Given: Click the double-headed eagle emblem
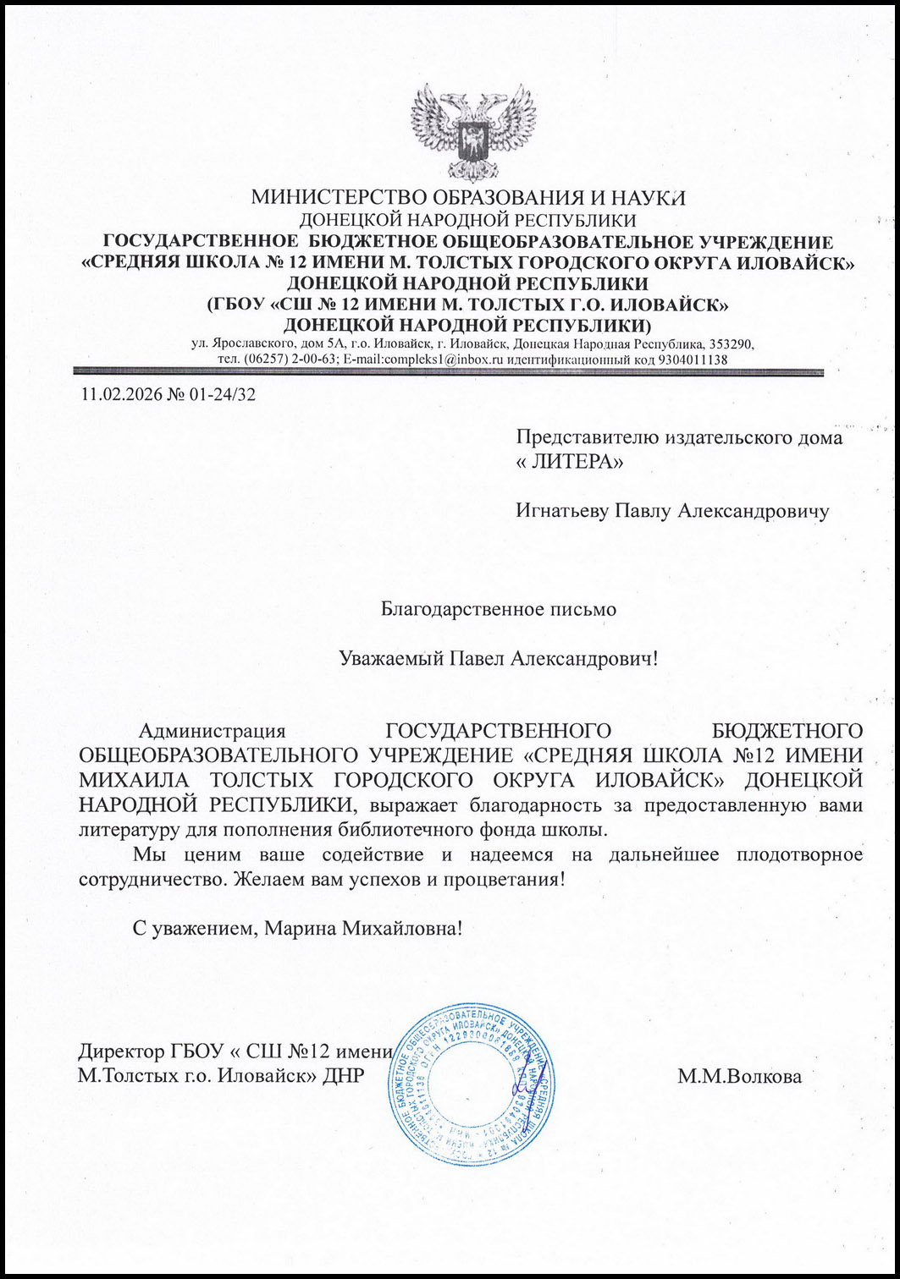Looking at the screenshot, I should (463, 131).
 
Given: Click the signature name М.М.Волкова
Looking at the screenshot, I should (739, 1077).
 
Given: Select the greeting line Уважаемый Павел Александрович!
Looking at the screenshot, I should (499, 657).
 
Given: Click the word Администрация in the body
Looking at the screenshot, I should (212, 730).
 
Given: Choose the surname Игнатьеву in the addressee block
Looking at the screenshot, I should (558, 511).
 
